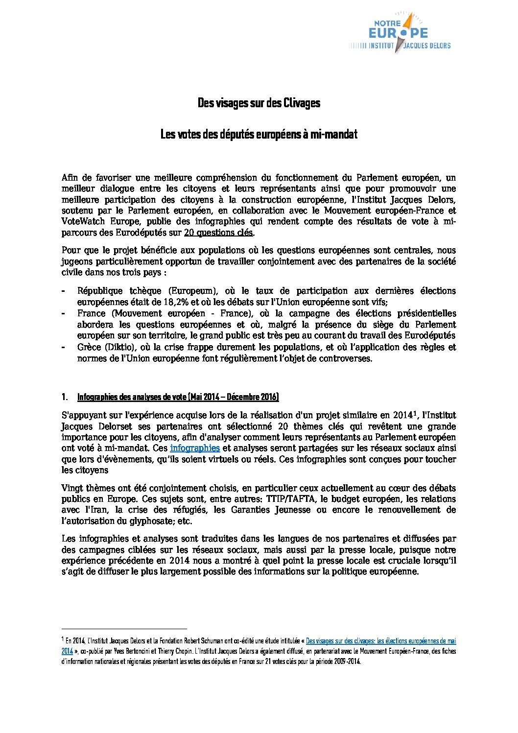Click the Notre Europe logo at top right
point(400,33)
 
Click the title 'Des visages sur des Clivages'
point(259,103)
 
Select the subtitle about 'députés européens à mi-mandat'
point(259,134)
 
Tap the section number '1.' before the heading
point(65,397)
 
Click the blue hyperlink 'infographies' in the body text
point(194,448)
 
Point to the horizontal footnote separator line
point(124,628)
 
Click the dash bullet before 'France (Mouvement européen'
point(64,313)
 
